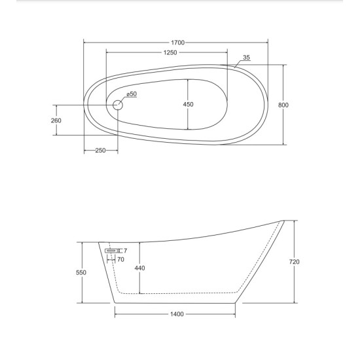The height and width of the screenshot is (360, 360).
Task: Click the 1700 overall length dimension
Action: [178, 43]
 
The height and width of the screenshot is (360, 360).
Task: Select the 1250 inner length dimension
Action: [170, 52]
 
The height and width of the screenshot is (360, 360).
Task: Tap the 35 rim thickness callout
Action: [246, 58]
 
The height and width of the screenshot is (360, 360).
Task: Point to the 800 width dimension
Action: [283, 105]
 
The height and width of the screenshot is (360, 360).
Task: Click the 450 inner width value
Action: [188, 105]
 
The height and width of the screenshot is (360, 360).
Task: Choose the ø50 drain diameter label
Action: [132, 94]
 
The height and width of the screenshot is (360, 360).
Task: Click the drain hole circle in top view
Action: [118, 105]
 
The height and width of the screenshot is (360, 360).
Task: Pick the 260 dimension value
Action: [56, 120]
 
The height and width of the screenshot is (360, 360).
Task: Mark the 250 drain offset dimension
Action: [100, 151]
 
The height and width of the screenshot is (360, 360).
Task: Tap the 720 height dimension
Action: [294, 262]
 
